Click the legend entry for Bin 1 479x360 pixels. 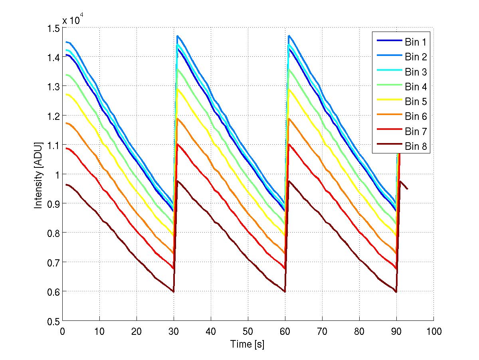point(416,42)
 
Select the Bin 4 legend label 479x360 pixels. point(416,87)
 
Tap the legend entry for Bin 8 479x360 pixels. point(416,146)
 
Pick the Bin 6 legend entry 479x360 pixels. point(416,116)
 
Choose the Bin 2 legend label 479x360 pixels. point(416,57)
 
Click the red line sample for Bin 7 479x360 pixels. point(387,131)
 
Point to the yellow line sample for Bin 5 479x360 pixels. point(387,102)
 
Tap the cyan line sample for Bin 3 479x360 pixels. point(387,72)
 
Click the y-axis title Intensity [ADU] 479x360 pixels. point(39,174)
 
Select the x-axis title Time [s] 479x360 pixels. point(247,344)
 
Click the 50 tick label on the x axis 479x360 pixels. point(248,331)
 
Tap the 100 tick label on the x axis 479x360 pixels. point(433,331)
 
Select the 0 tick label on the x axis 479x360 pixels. point(63,331)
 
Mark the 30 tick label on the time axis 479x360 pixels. point(174,331)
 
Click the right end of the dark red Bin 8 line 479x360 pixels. point(407,189)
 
